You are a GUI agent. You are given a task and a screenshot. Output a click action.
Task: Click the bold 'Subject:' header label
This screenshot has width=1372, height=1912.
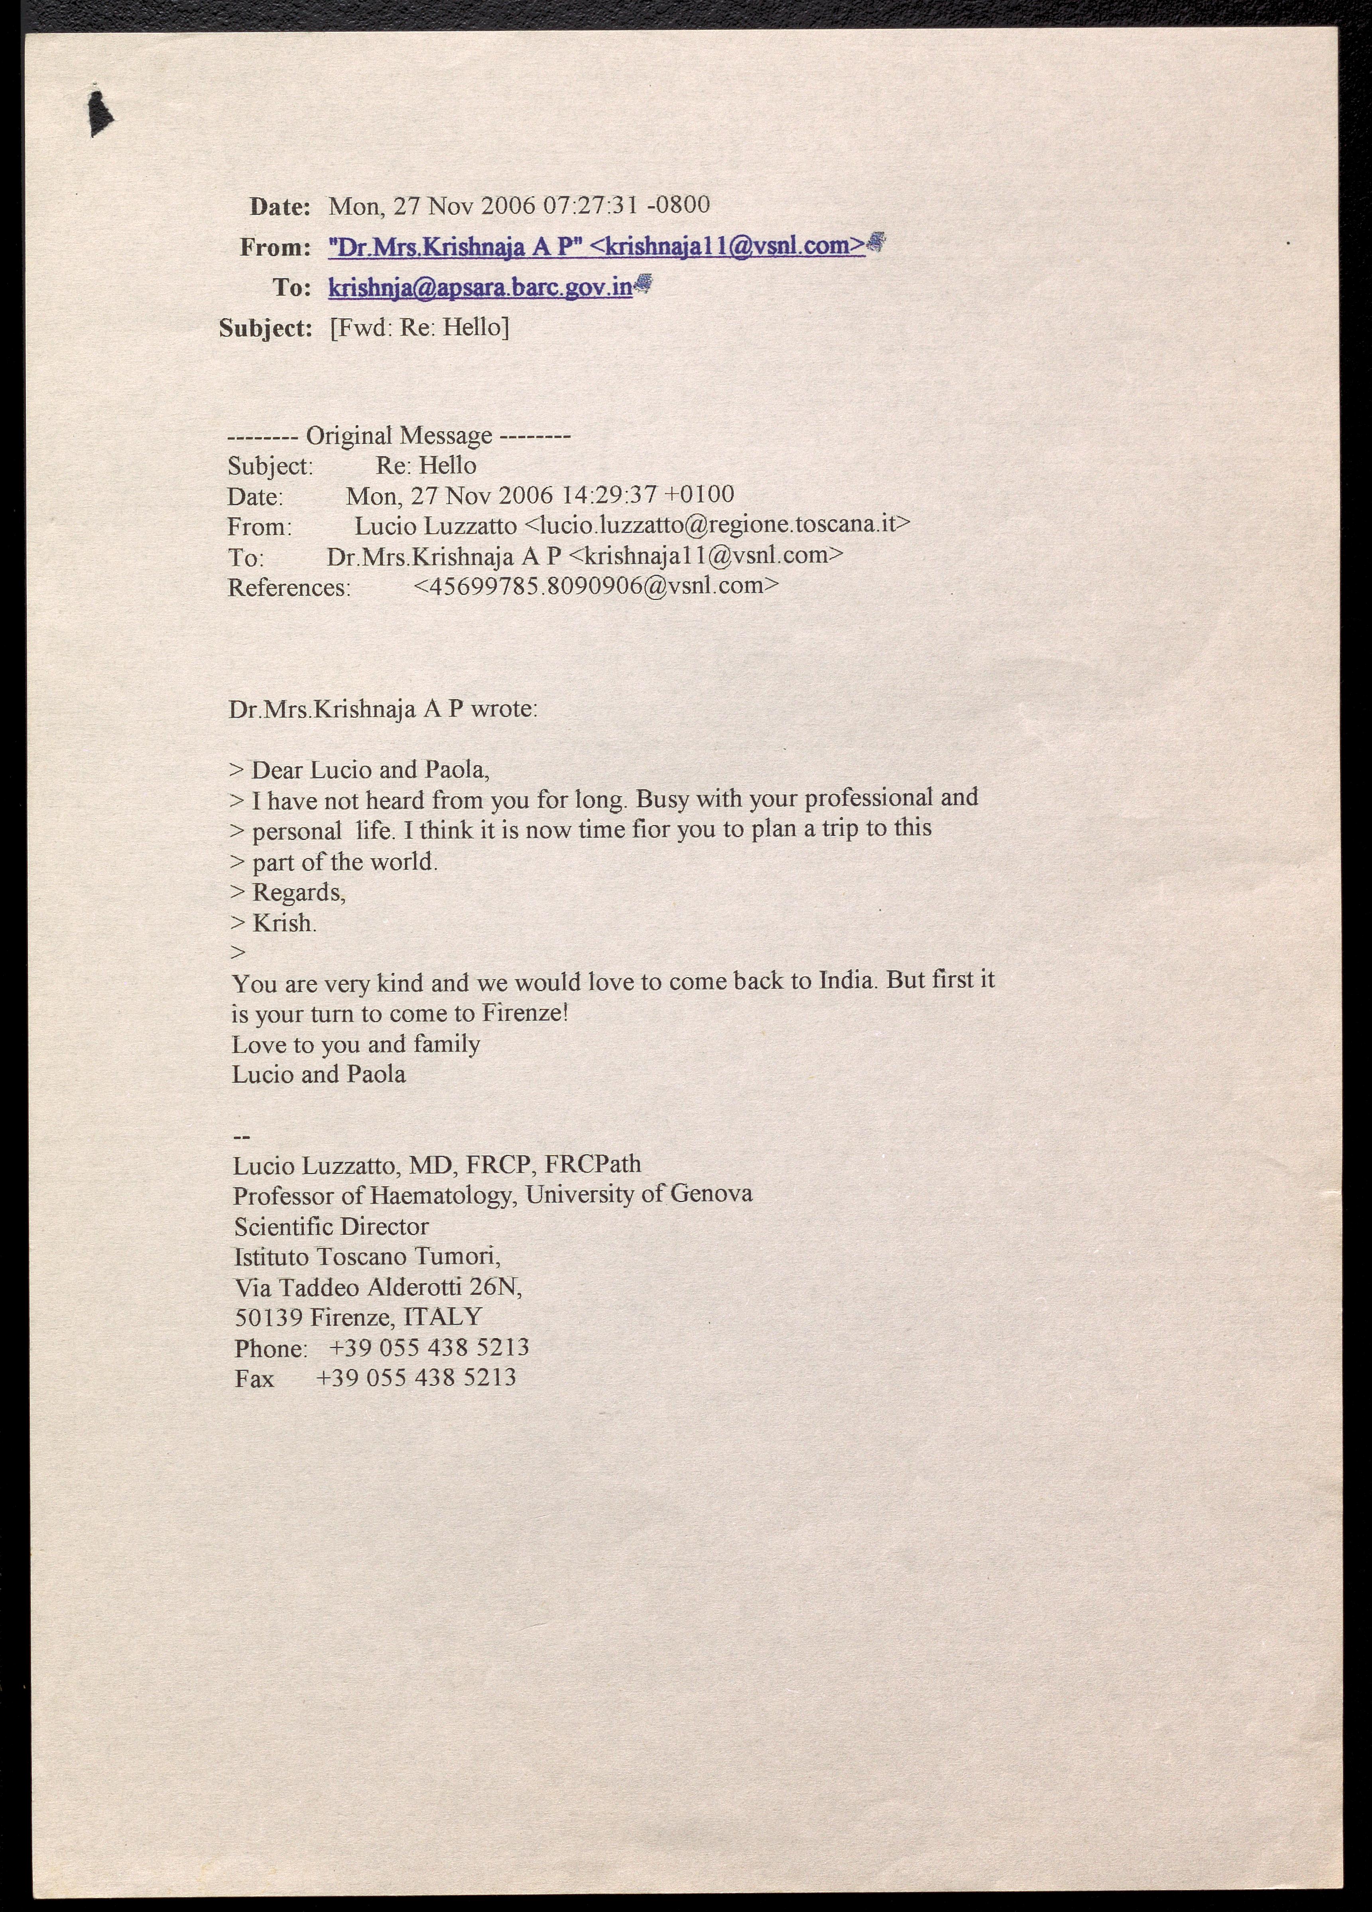[266, 328]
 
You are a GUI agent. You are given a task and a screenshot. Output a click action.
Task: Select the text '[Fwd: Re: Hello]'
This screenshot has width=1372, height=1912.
[419, 327]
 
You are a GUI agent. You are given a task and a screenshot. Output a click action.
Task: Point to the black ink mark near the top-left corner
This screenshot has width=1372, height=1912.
[100, 114]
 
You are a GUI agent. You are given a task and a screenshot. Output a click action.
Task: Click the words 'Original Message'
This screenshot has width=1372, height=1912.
[399, 436]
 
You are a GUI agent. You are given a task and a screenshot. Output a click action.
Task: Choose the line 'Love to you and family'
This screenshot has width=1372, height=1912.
[356, 1045]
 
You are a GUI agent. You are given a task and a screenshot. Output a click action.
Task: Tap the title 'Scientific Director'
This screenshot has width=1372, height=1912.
[331, 1226]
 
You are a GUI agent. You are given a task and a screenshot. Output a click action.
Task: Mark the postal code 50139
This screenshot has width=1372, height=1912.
[268, 1317]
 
